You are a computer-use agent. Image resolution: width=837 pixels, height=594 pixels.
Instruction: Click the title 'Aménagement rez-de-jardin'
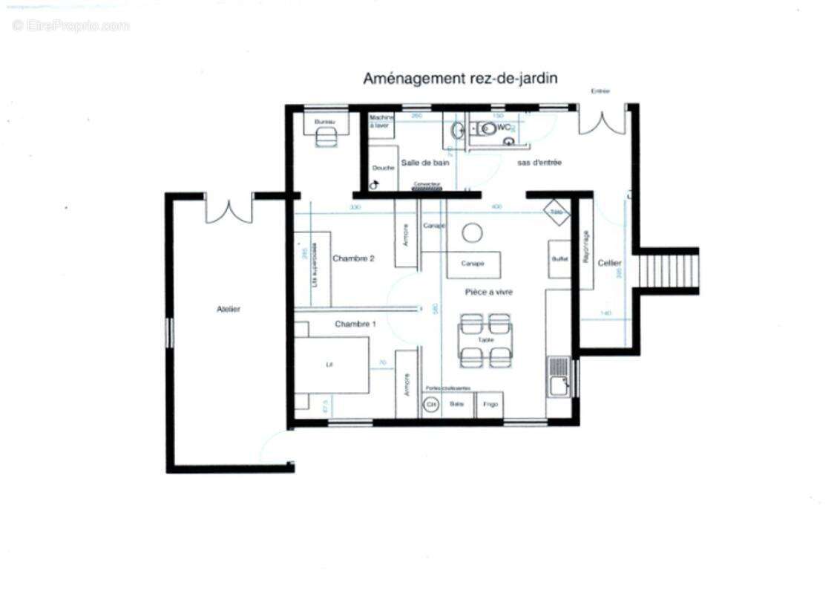click(460, 78)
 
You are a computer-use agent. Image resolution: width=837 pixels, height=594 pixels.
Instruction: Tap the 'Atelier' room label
click(229, 309)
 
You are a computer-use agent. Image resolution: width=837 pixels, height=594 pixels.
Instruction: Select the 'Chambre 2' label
click(353, 258)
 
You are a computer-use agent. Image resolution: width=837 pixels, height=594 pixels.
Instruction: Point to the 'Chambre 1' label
click(355, 324)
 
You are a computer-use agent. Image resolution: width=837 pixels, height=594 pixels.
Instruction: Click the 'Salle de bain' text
click(425, 163)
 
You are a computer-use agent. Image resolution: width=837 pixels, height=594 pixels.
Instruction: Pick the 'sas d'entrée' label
click(539, 163)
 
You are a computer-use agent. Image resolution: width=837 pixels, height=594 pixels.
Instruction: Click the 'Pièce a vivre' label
click(489, 292)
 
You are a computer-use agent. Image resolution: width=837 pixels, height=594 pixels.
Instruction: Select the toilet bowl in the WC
click(488, 128)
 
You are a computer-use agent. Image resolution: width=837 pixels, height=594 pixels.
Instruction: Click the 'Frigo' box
click(490, 405)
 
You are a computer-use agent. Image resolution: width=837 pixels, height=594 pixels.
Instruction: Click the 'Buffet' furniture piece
click(559, 259)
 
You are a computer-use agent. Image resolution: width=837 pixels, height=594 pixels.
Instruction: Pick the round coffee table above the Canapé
click(472, 233)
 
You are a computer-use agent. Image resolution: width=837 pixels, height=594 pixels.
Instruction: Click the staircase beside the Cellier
click(669, 271)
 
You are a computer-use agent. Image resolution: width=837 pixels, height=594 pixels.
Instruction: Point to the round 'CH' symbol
click(430, 405)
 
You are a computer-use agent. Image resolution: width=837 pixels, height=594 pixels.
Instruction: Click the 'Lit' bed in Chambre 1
click(332, 365)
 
